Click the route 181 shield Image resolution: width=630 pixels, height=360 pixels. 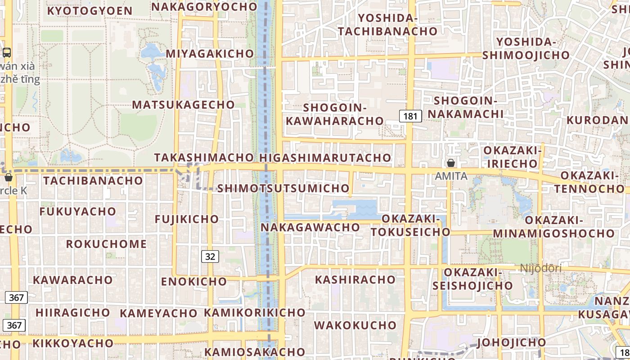tap(410, 116)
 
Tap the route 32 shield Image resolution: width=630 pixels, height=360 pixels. tap(210, 256)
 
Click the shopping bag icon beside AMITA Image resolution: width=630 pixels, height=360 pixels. tap(450, 163)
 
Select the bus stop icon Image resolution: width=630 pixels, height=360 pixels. tap(7, 52)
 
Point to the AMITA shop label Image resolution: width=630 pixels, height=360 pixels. tap(451, 176)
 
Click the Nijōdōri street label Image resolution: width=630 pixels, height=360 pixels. tap(540, 268)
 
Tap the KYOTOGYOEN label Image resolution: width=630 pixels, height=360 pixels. tap(90, 11)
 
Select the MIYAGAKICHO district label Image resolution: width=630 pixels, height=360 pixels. tap(210, 54)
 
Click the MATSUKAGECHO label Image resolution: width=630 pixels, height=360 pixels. tap(183, 104)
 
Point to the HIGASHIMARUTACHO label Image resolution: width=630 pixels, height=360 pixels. tap(325, 157)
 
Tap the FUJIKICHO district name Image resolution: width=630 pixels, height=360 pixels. tap(187, 219)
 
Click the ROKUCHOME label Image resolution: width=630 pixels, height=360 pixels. tap(106, 244)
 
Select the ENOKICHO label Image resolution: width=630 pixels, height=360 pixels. tap(194, 282)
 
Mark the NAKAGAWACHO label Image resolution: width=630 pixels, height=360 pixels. tap(310, 227)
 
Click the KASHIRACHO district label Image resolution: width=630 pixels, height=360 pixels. tap(355, 279)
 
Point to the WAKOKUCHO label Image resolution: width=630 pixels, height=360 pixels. tap(355, 325)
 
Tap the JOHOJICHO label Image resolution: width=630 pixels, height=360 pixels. tap(511, 342)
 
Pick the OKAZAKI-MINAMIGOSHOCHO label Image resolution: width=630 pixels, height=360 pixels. tap(554, 227)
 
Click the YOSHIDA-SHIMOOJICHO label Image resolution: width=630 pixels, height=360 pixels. tap(526, 49)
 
